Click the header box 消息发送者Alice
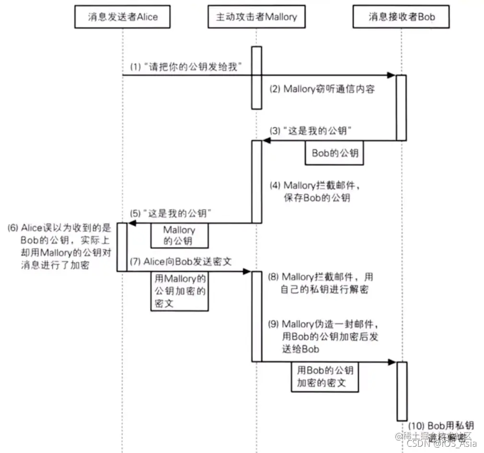click(x=123, y=18)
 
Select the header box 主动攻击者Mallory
click(x=256, y=18)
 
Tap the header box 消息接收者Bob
click(x=402, y=18)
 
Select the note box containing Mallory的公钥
click(x=179, y=235)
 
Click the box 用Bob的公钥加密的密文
click(x=325, y=376)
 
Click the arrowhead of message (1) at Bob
click(x=392, y=75)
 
